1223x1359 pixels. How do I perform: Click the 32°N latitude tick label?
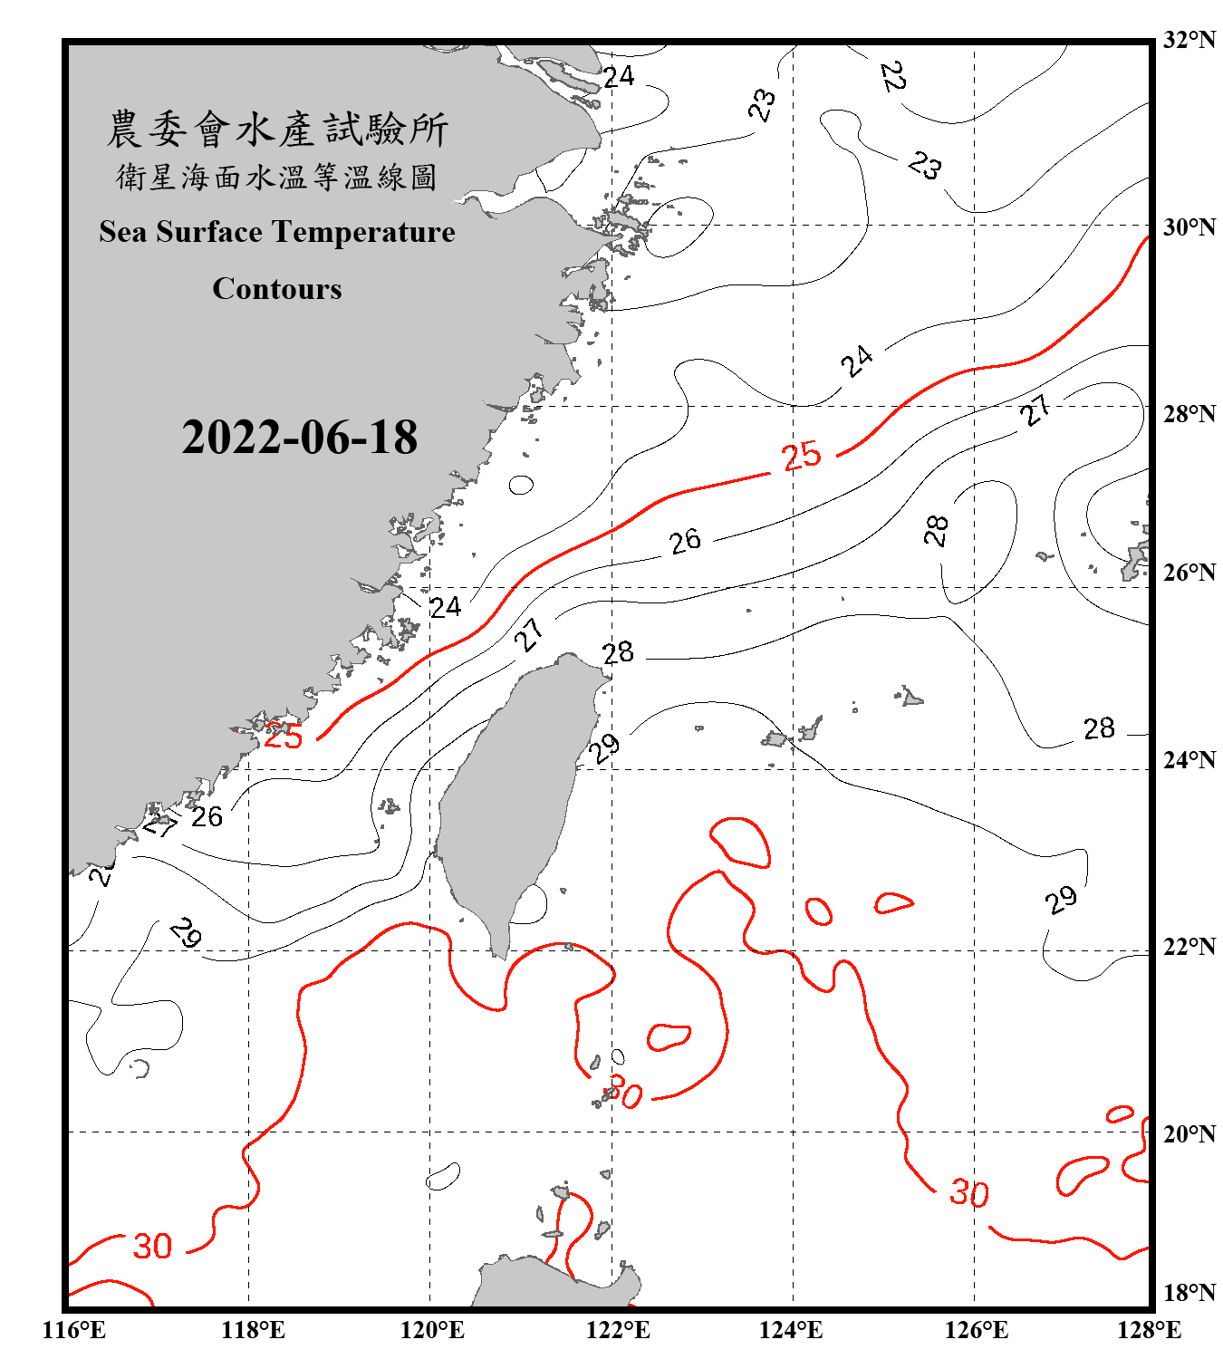pos(1189,40)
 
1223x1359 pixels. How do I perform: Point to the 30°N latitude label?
pos(1189,226)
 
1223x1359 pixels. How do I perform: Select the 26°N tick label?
pos(1189,572)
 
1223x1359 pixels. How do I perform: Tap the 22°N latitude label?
pos(1189,946)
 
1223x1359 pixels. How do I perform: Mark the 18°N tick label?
pos(1189,1292)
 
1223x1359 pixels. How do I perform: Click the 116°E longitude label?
pos(74,1330)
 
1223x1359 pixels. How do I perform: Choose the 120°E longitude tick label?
pos(432,1330)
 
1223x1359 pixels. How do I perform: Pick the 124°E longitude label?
pos(791,1330)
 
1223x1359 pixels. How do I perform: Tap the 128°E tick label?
pos(1149,1330)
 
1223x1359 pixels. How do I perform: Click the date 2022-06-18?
pos(299,438)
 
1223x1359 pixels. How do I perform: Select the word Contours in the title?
pos(277,289)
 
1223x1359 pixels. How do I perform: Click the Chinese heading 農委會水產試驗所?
pos(277,129)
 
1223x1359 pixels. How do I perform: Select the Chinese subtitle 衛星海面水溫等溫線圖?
pos(277,177)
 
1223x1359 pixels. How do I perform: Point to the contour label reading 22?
pos(893,76)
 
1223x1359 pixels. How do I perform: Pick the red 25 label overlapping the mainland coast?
pos(283,736)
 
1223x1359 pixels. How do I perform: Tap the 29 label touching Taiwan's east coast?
pos(604,748)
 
